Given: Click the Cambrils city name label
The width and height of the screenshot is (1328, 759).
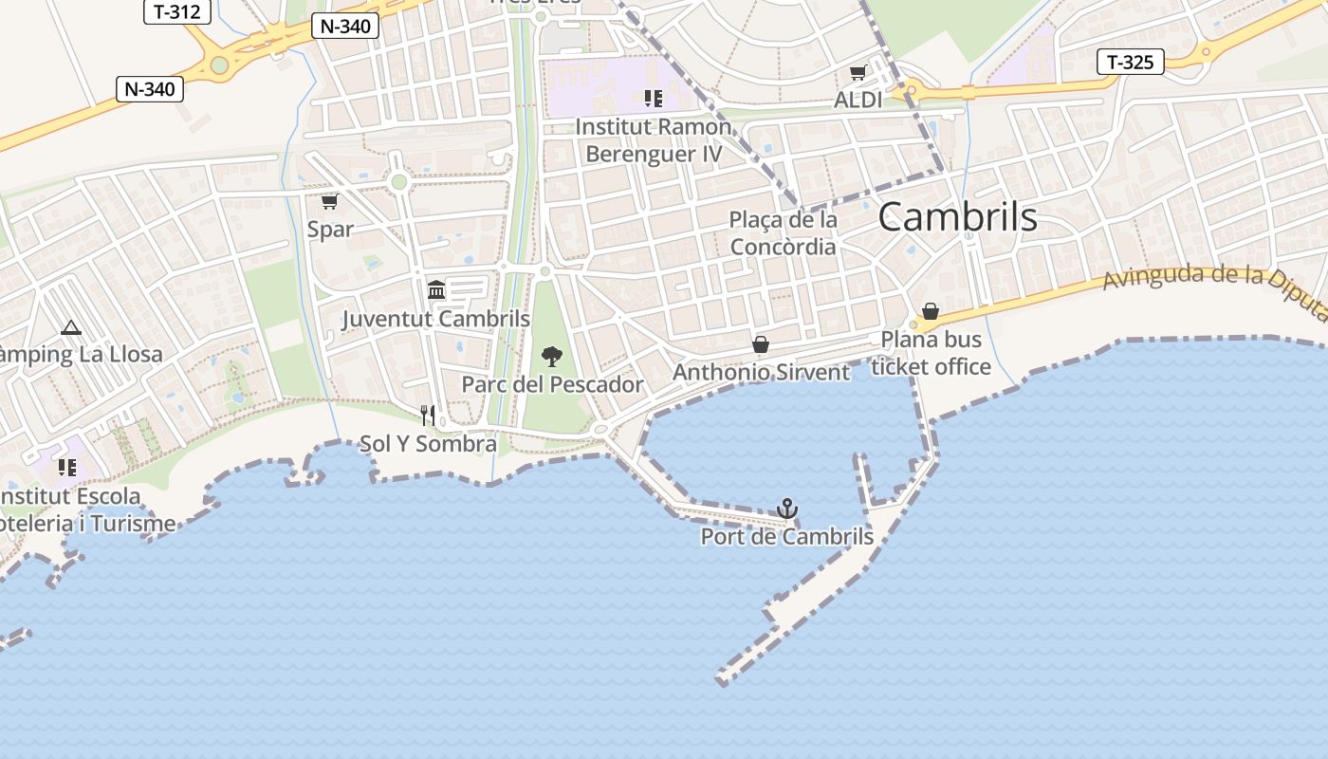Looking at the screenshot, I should [957, 217].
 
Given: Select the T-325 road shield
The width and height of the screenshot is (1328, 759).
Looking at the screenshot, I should [1130, 63].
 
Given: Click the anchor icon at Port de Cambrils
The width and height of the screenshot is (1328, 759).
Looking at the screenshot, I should [786, 509].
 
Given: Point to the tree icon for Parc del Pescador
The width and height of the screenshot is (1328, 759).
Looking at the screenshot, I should [551, 357].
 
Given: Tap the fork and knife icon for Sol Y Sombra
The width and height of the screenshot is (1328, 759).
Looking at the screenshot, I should [428, 415].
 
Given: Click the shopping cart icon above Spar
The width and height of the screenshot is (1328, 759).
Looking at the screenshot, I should [329, 201].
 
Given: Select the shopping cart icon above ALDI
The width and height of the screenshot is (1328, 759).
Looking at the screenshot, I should [858, 73].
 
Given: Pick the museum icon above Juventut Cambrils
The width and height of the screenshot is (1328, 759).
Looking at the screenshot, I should [436, 289].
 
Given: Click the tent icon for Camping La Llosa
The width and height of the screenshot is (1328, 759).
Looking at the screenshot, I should [70, 328].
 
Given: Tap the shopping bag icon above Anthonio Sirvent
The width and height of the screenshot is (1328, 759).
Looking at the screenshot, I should [761, 344].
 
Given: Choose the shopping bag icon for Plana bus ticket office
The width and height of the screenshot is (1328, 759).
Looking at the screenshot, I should [931, 311].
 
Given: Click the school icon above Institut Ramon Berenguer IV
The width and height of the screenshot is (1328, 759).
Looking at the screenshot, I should [653, 98].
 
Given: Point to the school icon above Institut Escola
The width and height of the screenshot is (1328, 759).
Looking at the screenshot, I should [66, 467].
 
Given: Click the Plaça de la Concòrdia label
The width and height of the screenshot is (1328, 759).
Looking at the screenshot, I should [784, 233].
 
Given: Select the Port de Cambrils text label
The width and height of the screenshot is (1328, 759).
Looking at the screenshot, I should [786, 537].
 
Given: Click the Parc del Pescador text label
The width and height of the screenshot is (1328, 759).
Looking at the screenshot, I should [552, 384].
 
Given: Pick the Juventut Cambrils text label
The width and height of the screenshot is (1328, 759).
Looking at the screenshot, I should [435, 319].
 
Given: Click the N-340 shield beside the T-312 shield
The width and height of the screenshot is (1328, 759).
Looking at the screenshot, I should [345, 27].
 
